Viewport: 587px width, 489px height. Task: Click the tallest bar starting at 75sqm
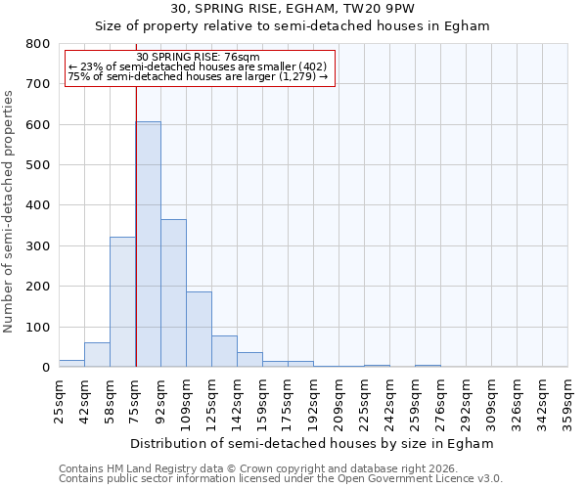(x=148, y=244)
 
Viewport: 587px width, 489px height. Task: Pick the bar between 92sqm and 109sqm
(x=173, y=293)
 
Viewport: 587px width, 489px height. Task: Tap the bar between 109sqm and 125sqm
(x=199, y=330)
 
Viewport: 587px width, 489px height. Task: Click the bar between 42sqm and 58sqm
(x=97, y=355)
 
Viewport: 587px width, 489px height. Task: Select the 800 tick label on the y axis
(x=38, y=44)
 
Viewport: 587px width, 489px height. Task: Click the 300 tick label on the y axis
(x=38, y=246)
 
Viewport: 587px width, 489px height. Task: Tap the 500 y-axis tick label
(x=38, y=165)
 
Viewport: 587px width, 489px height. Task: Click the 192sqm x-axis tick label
(x=314, y=400)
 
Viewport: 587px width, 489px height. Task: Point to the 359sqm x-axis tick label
(x=568, y=400)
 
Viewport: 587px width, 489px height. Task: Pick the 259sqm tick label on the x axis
(x=416, y=400)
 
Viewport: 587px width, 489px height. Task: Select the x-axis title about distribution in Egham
(x=312, y=444)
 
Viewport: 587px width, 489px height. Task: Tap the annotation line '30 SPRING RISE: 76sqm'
(x=198, y=58)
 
